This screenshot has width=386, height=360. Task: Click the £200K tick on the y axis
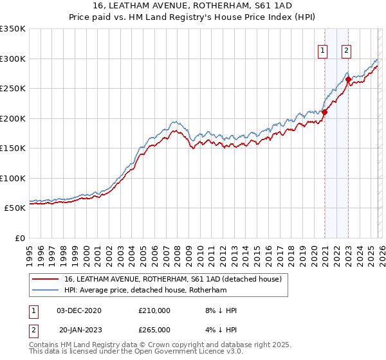[x=13, y=118]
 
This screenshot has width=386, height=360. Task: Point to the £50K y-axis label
[x=15, y=208]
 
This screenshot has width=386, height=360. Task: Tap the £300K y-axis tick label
[x=13, y=59]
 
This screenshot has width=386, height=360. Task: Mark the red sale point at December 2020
[x=324, y=113]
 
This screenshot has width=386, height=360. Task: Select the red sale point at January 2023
[x=348, y=80]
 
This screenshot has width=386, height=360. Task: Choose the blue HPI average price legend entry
[x=145, y=291]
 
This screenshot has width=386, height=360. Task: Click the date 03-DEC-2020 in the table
[x=80, y=310]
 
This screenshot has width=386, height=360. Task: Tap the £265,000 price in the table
[x=154, y=329]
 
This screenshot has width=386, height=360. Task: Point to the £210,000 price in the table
[x=154, y=310]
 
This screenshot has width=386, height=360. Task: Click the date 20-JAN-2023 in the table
[x=80, y=329]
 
